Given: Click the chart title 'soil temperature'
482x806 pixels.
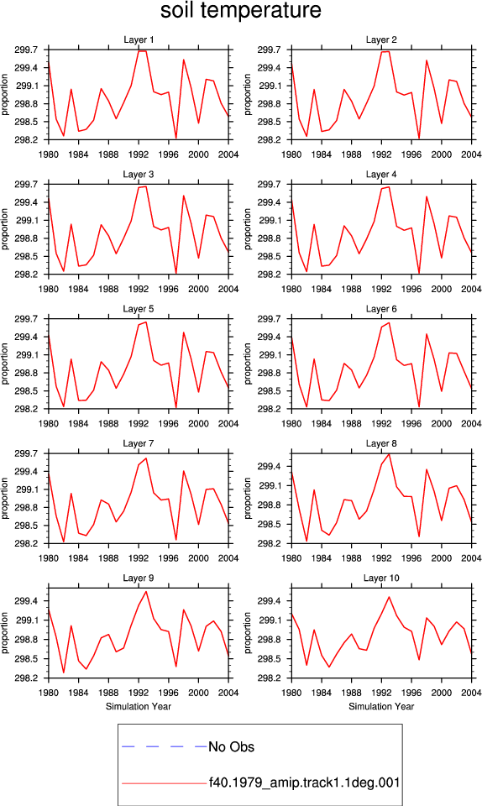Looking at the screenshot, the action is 240,11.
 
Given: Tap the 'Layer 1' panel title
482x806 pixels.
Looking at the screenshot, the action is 139,39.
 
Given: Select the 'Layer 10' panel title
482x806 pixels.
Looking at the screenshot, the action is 381,578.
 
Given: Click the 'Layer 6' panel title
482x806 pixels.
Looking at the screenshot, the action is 381,309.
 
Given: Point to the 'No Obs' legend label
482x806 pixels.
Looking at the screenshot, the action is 231,747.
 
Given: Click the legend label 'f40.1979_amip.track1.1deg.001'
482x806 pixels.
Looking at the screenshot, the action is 304,782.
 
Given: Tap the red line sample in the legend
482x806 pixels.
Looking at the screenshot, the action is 164,783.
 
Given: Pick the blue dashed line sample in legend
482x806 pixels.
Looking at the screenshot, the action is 164,746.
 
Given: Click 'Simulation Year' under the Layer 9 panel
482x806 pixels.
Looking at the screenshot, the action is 139,706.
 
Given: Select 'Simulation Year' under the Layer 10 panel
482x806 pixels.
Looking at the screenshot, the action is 381,706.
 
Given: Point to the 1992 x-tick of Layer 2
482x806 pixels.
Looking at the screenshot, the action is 381,154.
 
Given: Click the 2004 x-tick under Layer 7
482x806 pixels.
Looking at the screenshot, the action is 228,558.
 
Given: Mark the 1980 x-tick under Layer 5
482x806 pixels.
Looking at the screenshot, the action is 49,423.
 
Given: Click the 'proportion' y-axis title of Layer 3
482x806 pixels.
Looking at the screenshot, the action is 5,229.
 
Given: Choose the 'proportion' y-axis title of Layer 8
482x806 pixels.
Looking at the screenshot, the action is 249,499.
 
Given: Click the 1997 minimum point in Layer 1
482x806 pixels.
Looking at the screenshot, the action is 176,139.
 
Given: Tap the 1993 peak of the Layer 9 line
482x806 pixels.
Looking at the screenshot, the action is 146,592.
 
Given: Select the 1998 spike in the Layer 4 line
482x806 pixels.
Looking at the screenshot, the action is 427,196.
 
